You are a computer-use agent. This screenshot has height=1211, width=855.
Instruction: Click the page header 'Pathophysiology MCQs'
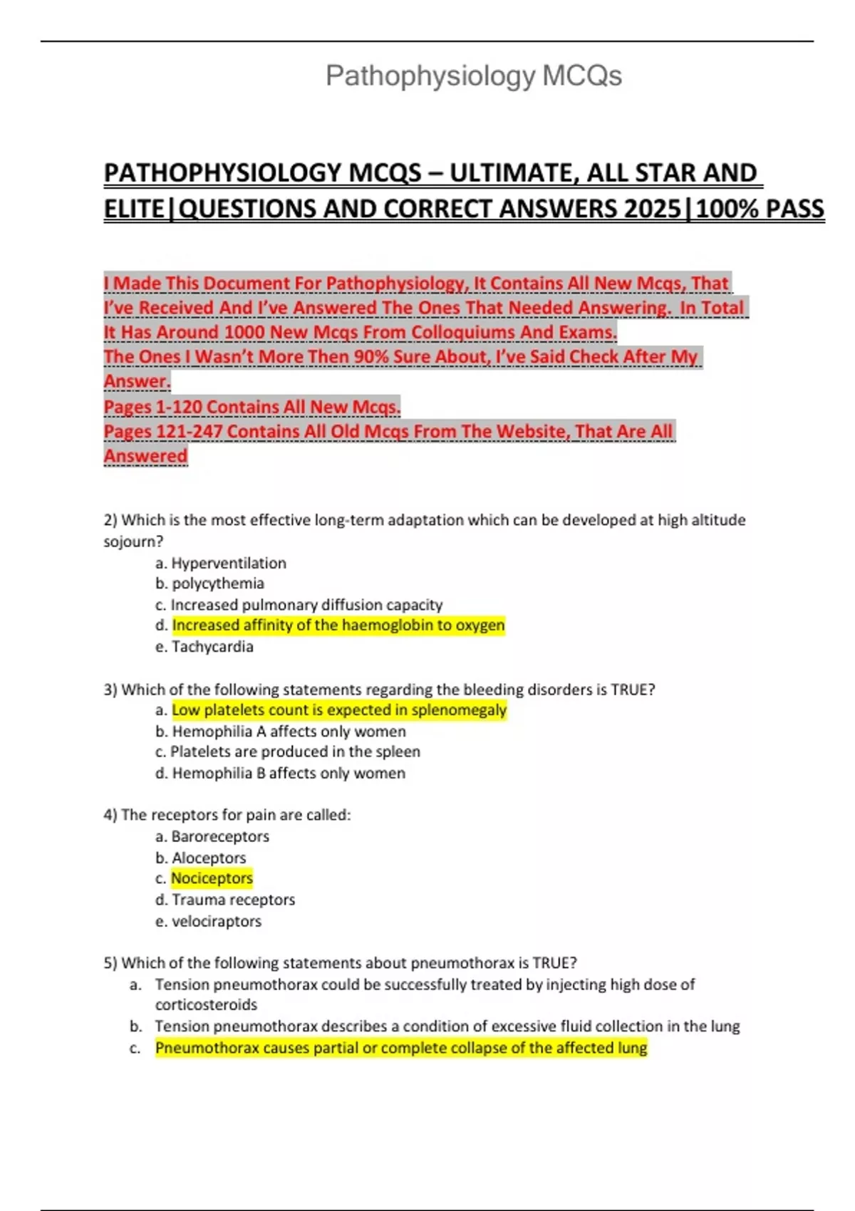(x=473, y=76)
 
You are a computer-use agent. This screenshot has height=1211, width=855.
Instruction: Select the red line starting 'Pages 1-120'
(x=252, y=407)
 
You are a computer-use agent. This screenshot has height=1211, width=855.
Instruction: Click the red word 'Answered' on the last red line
(x=145, y=456)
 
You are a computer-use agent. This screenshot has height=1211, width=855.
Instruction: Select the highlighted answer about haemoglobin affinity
(x=338, y=625)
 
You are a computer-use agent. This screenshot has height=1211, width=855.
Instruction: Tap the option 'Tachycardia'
(x=212, y=647)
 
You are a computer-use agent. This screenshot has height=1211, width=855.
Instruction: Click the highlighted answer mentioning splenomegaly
(x=339, y=710)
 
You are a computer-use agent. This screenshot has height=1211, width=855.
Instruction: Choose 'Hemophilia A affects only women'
(x=289, y=732)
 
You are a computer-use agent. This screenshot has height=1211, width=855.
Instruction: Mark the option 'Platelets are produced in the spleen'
(x=295, y=752)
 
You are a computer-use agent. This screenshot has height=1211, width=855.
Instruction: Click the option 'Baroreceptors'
(x=220, y=836)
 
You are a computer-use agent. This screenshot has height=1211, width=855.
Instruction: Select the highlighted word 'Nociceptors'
(x=212, y=878)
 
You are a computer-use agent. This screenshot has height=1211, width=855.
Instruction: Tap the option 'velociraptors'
(x=217, y=921)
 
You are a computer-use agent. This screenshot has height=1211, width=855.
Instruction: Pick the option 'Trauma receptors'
(x=233, y=900)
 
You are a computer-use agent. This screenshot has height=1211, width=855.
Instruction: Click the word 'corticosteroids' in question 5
(x=206, y=1004)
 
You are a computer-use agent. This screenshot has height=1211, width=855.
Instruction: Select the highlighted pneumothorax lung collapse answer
(x=401, y=1048)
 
